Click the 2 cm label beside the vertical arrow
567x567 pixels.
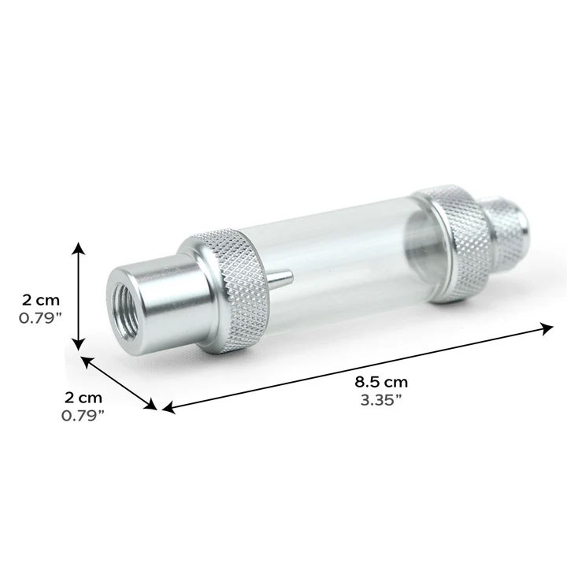[x=41, y=300]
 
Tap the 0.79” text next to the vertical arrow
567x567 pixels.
[x=41, y=319]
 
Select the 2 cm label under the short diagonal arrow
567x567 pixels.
[x=83, y=397]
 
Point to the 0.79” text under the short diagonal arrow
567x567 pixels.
[x=83, y=415]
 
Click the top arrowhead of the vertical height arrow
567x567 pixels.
[x=78, y=249]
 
